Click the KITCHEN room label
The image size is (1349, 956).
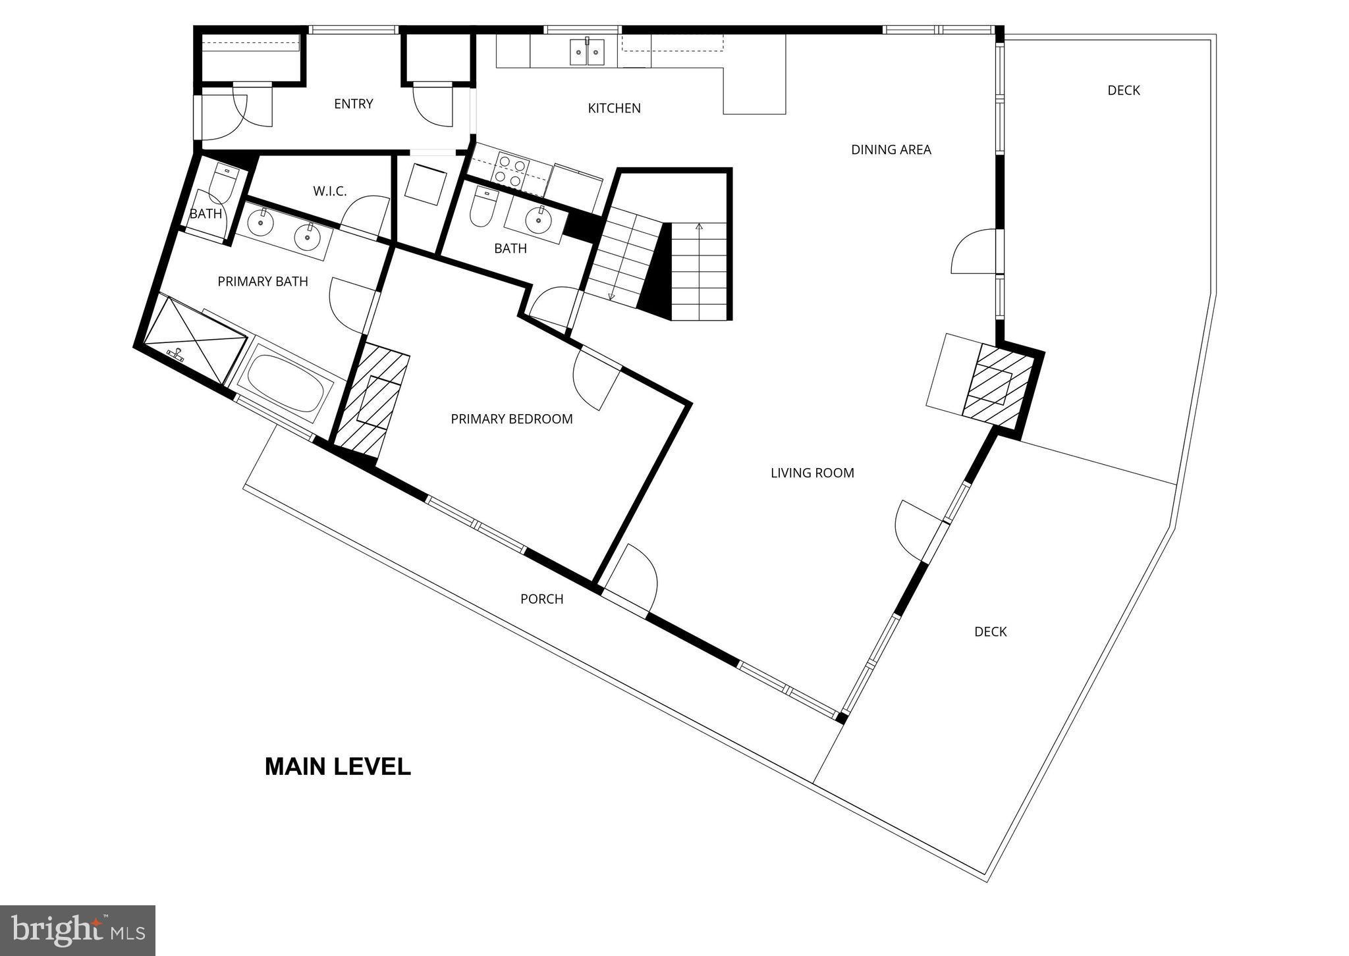[x=614, y=108]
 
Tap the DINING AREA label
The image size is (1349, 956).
[x=891, y=149]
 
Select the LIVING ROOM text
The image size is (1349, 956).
[x=812, y=473]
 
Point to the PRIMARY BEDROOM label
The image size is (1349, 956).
[x=511, y=419]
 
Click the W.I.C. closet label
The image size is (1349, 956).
[x=329, y=191]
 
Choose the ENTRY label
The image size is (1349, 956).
[x=353, y=103]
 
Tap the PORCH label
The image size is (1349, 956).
[x=541, y=598]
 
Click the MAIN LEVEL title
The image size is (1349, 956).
[x=337, y=766]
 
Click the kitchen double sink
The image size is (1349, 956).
[x=587, y=51]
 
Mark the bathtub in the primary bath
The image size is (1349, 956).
[x=286, y=383]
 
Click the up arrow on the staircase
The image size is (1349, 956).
[x=699, y=228]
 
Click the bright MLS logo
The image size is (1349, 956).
[x=78, y=930]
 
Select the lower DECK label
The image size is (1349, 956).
[x=990, y=631]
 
